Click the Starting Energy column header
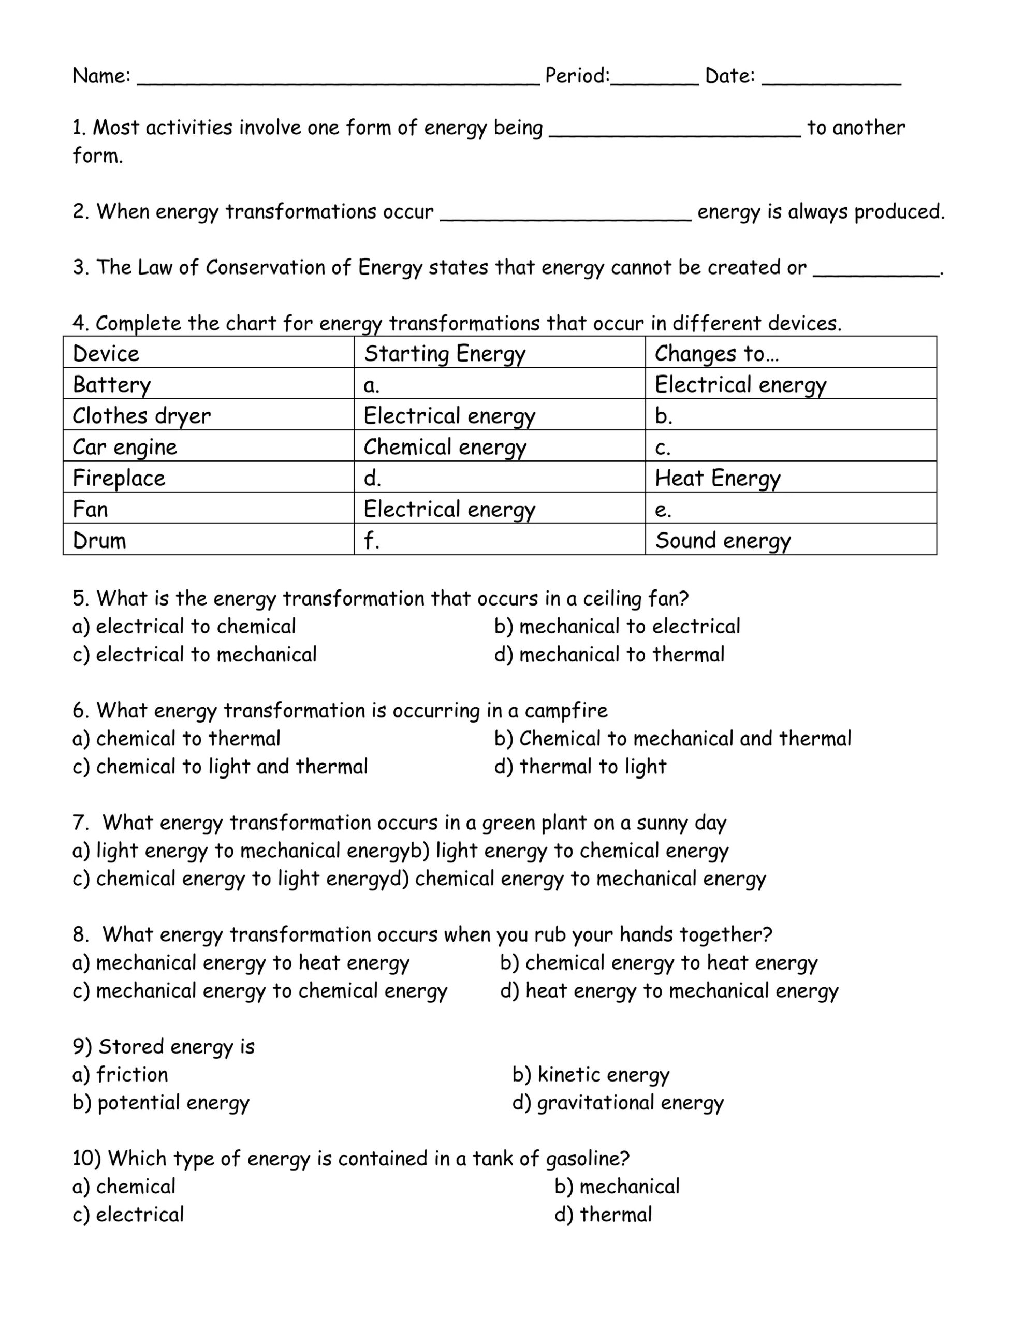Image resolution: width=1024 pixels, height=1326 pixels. click(444, 353)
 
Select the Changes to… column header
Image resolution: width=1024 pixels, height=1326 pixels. click(716, 353)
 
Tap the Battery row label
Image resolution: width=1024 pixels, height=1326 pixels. click(112, 385)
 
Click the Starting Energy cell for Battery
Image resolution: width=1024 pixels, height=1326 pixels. click(499, 385)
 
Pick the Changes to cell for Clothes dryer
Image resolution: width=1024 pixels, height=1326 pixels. click(791, 416)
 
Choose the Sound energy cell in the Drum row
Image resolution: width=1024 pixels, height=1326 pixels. click(722, 540)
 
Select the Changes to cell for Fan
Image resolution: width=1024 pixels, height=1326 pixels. click(791, 509)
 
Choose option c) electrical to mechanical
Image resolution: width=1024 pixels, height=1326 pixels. click(194, 655)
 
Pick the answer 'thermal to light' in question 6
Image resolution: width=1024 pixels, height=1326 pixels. click(580, 766)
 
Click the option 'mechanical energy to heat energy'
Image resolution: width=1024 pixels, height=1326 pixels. click(241, 962)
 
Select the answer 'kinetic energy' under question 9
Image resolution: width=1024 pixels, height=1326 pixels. click(591, 1074)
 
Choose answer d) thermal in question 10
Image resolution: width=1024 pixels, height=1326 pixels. click(603, 1214)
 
